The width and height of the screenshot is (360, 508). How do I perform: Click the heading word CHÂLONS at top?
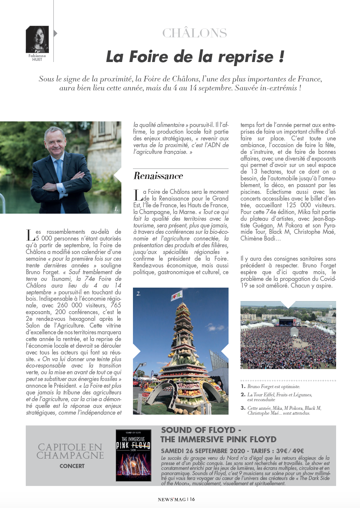pos(195,33)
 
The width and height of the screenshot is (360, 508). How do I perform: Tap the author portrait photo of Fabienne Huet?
pos(37,39)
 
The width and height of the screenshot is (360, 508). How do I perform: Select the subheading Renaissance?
pos(158,176)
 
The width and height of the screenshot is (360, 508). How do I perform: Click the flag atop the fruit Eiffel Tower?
pos(177,297)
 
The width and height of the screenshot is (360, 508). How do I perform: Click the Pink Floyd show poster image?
pos(133,457)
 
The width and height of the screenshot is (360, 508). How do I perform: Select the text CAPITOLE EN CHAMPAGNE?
pos(70,451)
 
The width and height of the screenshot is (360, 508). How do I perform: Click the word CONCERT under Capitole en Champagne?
pos(72,466)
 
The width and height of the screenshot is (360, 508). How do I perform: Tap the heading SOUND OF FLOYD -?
pos(201,430)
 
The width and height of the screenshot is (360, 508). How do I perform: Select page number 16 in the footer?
pos(192,499)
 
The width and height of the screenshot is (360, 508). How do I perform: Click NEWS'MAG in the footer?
pos(172,499)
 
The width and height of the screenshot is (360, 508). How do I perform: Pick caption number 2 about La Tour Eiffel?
pos(276,397)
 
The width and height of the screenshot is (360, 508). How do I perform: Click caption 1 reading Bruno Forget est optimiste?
pos(273,387)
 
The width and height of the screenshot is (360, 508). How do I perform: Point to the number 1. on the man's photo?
pos(117,209)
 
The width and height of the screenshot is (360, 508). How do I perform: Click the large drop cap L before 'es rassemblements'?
pos(30,235)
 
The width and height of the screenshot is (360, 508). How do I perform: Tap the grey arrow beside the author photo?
pos(56,34)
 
